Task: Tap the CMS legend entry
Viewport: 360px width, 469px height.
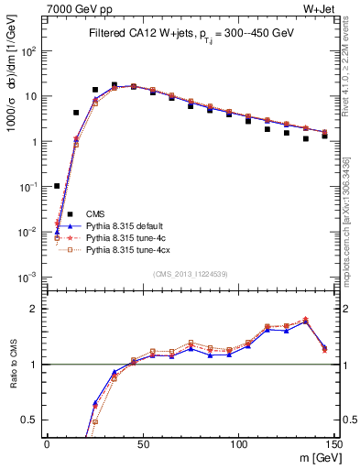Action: tap(95, 213)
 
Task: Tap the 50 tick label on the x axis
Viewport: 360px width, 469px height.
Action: tap(143, 444)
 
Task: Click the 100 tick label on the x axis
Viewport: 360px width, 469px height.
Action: tap(238, 444)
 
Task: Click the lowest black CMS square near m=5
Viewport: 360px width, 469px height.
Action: tap(57, 186)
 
